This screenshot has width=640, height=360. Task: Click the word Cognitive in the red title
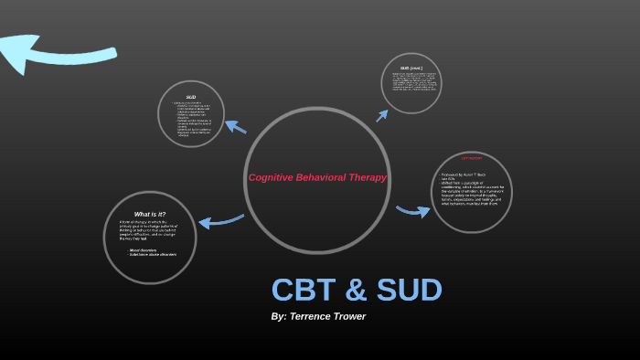point(268,177)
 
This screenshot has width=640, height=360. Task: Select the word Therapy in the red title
point(368,177)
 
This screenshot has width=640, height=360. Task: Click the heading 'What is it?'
point(149,214)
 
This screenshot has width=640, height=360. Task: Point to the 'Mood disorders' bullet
point(145,249)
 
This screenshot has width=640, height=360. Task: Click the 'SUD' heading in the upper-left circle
point(191,97)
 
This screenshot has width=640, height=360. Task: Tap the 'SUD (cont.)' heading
point(411,68)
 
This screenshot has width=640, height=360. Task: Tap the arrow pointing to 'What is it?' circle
point(220,220)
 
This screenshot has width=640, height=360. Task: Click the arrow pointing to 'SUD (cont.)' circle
point(382,114)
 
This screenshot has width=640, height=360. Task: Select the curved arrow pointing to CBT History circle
point(413,212)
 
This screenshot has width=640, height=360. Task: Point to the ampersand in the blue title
point(356,290)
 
